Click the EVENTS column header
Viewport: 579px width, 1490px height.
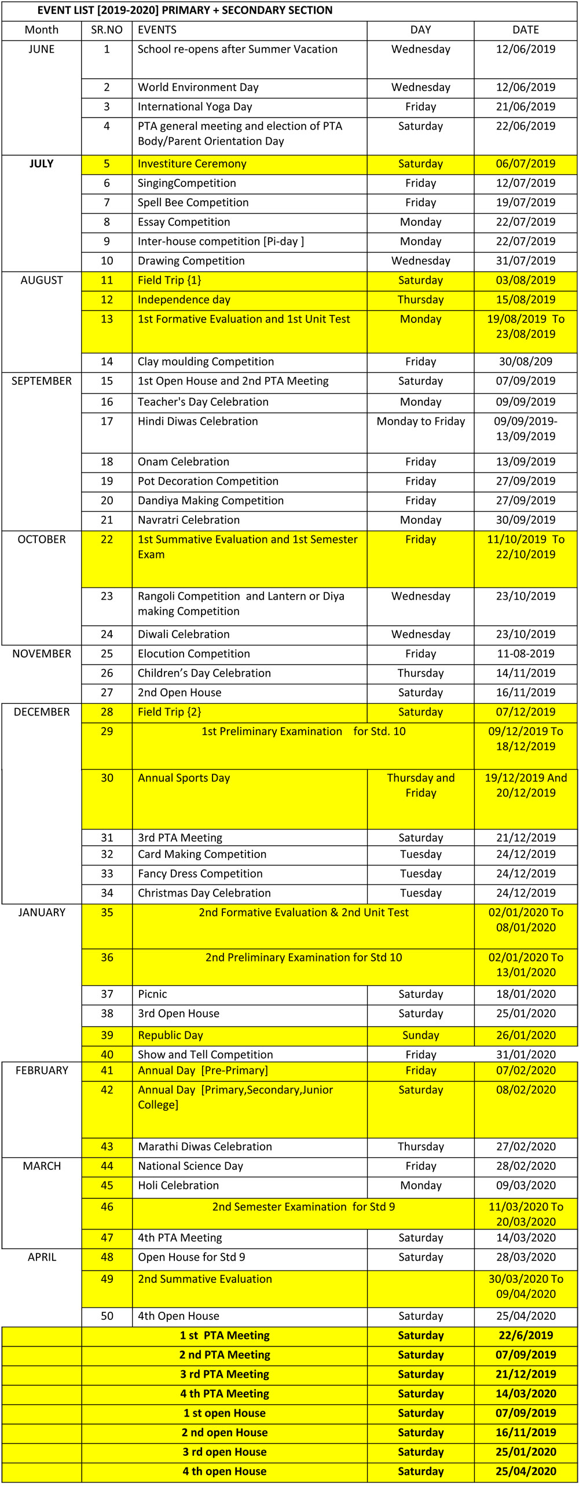pyautogui.click(x=157, y=30)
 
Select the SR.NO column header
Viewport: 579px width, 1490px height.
pyautogui.click(x=107, y=30)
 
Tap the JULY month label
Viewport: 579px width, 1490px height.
pyautogui.click(x=42, y=164)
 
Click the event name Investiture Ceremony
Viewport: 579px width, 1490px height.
pyautogui.click(x=192, y=164)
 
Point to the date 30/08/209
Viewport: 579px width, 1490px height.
pyautogui.click(x=526, y=362)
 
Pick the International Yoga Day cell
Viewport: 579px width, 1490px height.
pyautogui.click(x=195, y=107)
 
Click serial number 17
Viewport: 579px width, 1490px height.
pyautogui.click(x=107, y=421)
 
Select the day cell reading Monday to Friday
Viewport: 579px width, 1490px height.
pyautogui.click(x=420, y=421)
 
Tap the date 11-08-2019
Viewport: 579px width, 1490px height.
pyautogui.click(x=526, y=654)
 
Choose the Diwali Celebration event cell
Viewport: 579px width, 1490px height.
pyautogui.click(x=184, y=634)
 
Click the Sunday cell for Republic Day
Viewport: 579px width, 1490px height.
pyautogui.click(x=420, y=1035)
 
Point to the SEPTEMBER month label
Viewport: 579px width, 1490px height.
pyautogui.click(x=42, y=381)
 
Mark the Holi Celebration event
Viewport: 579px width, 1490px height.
pyautogui.click(x=178, y=1186)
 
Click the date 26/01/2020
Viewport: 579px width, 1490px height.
pyautogui.click(x=526, y=1035)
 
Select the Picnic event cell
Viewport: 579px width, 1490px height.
pyautogui.click(x=152, y=994)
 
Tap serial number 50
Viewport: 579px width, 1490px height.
pyautogui.click(x=107, y=1316)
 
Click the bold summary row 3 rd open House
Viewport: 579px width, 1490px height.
pyautogui.click(x=225, y=1452)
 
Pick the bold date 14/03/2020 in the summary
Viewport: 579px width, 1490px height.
pyautogui.click(x=526, y=1393)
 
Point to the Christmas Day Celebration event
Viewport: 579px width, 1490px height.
pyautogui.click(x=204, y=893)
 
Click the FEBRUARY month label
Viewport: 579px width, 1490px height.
pyautogui.click(x=42, y=1070)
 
